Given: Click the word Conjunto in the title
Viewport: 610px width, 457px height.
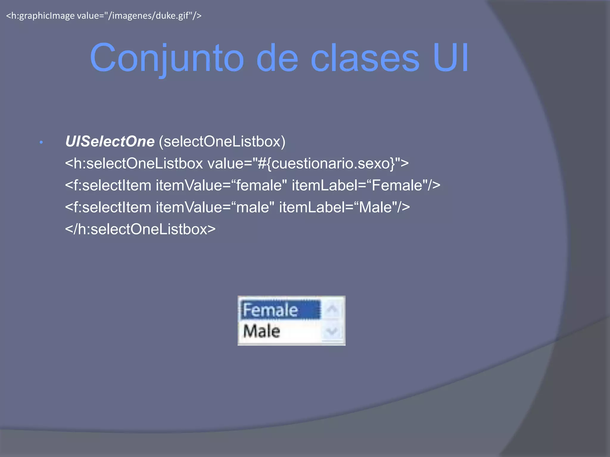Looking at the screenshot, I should pyautogui.click(x=167, y=58).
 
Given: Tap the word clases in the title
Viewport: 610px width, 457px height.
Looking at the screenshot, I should pyautogui.click(x=365, y=58).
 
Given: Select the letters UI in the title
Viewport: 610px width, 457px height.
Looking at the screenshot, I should pyautogui.click(x=451, y=58).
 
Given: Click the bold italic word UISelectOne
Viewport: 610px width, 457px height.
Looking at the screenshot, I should pyautogui.click(x=110, y=141).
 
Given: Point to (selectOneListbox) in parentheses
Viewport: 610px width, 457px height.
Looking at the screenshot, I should pyautogui.click(x=222, y=141).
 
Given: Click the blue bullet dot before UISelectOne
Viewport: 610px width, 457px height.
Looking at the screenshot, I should pyautogui.click(x=41, y=143).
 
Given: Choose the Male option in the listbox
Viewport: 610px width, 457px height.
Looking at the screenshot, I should pyautogui.click(x=262, y=331).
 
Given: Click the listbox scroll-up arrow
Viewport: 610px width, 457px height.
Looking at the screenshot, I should pyautogui.click(x=332, y=309).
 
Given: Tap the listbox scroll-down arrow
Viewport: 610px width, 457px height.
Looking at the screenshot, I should pyautogui.click(x=332, y=331).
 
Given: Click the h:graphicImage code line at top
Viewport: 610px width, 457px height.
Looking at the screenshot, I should pyautogui.click(x=104, y=15).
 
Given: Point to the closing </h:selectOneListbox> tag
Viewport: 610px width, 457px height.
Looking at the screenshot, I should pyautogui.click(x=140, y=229).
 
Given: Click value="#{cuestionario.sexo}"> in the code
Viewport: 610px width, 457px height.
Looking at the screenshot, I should pyautogui.click(x=308, y=163).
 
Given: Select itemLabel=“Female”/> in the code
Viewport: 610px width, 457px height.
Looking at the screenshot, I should pyautogui.click(x=366, y=185).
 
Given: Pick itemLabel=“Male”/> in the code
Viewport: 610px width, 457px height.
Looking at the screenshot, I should pyautogui.click(x=344, y=207).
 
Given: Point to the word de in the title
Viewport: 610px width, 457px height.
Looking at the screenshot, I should pyautogui.click(x=277, y=58).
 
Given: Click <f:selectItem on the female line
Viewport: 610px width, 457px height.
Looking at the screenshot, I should pyautogui.click(x=108, y=185).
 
